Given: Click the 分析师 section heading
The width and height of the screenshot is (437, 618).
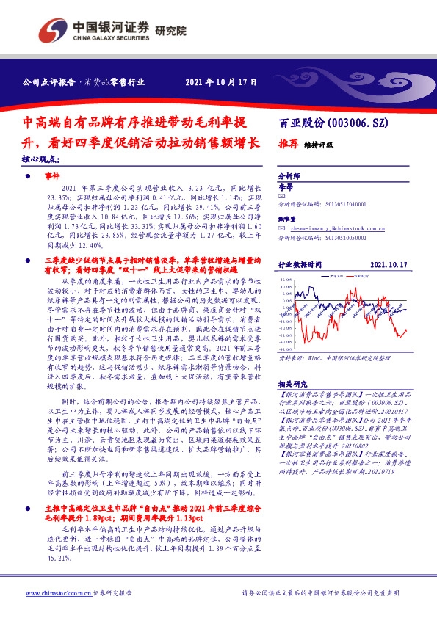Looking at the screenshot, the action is (x=289, y=178).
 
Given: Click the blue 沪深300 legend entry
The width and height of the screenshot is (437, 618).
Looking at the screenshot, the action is (x=334, y=277).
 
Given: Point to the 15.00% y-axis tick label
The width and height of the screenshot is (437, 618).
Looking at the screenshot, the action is (x=286, y=280).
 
